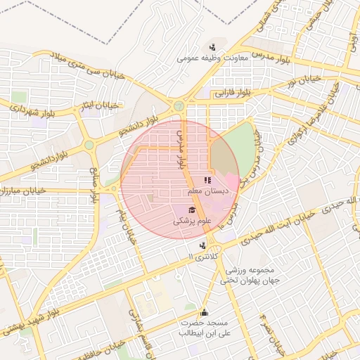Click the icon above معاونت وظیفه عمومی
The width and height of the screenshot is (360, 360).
pyautogui.click(x=212, y=47)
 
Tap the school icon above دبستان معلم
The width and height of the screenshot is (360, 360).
pyautogui.click(x=207, y=181)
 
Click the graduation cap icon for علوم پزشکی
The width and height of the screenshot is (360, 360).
pyautogui.click(x=191, y=210)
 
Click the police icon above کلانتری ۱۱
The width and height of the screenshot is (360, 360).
pyautogui.click(x=203, y=246)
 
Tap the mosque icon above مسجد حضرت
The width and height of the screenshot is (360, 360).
pyautogui.click(x=205, y=312)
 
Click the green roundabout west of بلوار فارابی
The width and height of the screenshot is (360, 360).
pyautogui.click(x=179, y=106)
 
